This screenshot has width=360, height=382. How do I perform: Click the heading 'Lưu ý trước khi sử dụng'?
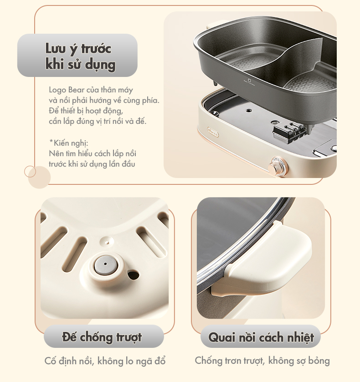coord(78,56)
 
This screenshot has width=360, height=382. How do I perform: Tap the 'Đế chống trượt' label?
coord(102,337)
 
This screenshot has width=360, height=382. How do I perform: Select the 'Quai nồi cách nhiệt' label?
coord(261,337)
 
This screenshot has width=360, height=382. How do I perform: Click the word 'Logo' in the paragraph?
coord(57,90)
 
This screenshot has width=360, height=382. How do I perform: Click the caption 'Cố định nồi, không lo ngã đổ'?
coord(105,362)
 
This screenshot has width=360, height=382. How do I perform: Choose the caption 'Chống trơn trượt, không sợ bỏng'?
coord(262,361)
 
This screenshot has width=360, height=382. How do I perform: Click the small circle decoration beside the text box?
coord(30,172)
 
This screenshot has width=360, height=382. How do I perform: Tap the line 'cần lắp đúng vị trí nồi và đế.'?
coord(98,121)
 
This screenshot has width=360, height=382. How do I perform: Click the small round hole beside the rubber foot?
coord(133,274)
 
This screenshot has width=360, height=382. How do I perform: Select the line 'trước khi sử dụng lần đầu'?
coord(92,164)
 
